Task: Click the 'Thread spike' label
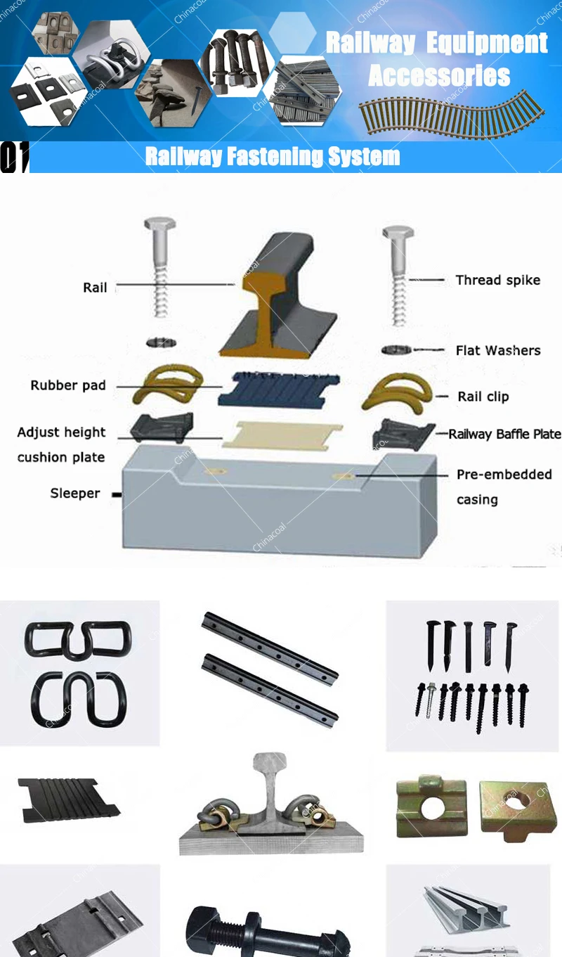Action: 497,280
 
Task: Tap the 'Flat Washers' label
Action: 497,350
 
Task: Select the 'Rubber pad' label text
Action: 68,385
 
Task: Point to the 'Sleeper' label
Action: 75,493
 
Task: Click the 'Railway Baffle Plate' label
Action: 504,434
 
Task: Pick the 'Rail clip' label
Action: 483,397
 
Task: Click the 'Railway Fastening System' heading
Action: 273,157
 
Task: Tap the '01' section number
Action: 14,157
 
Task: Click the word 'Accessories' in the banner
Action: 439,75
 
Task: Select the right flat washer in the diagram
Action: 396,349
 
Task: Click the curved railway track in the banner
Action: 450,113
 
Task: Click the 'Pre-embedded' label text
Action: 504,475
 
